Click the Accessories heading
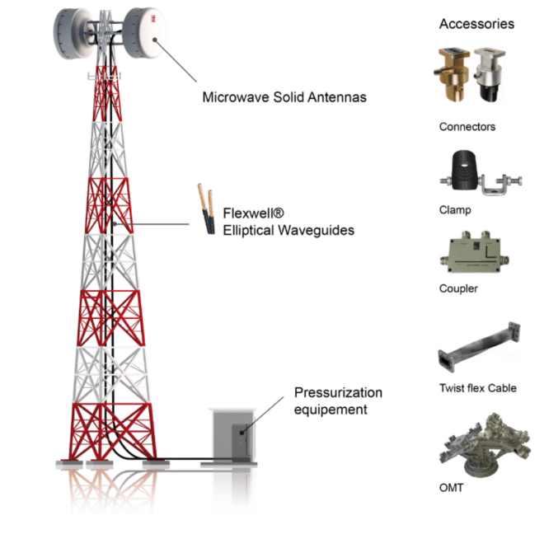(476, 24)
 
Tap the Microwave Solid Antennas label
(284, 97)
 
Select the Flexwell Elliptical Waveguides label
(288, 223)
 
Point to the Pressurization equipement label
(338, 400)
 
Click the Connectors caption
(467, 127)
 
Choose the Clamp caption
(455, 210)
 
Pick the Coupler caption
(458, 289)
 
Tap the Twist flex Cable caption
(478, 387)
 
